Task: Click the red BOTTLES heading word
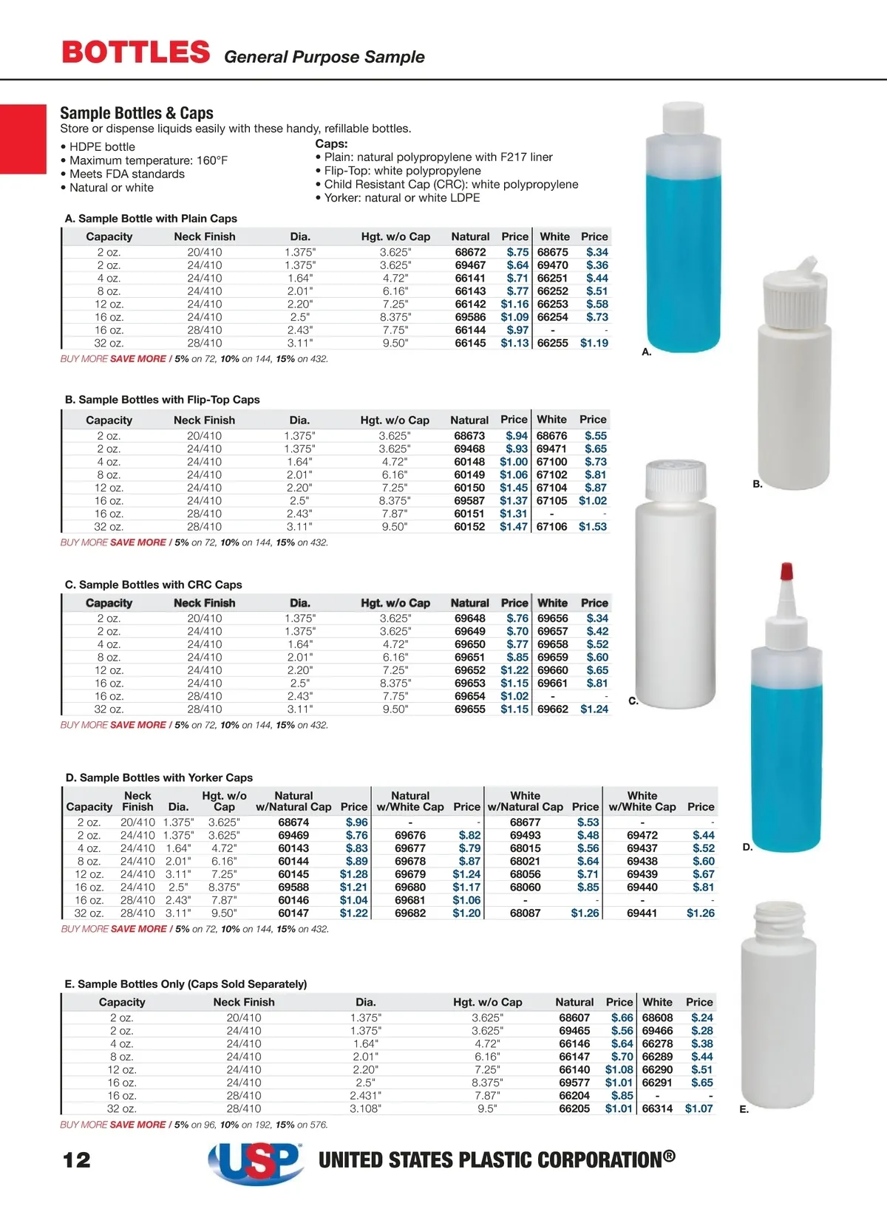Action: [136, 52]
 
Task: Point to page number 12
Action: [77, 1159]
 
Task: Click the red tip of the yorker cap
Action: [786, 570]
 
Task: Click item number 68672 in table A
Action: [470, 252]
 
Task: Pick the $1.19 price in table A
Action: [594, 343]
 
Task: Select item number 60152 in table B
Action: [469, 527]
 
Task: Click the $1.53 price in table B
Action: [593, 527]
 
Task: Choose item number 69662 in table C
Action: [553, 709]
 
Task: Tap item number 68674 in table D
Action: [293, 822]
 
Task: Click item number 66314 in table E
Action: [657, 1108]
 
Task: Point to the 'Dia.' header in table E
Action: [366, 1002]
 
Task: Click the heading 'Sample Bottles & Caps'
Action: [137, 113]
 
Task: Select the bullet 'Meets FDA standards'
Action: [126, 174]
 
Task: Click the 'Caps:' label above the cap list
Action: [331, 143]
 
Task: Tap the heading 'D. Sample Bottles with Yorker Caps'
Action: [159, 777]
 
